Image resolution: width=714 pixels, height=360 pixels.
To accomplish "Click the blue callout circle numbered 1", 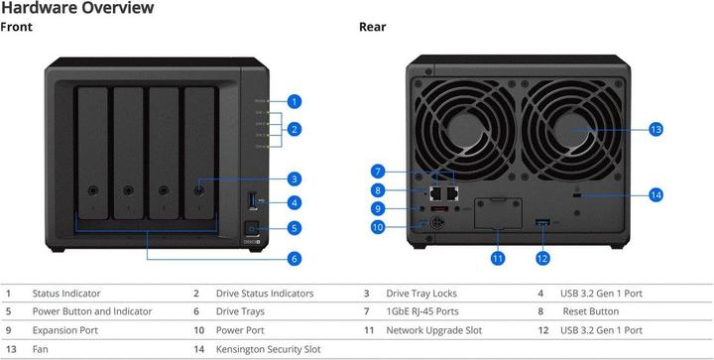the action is tap(295, 101).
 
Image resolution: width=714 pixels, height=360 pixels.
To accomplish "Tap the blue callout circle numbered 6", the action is tap(295, 259).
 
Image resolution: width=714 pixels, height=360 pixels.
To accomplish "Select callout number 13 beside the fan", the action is tap(655, 129).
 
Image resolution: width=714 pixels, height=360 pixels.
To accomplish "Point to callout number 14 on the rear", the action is tap(655, 195).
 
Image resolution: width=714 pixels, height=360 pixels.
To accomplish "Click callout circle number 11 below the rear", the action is tap(497, 259).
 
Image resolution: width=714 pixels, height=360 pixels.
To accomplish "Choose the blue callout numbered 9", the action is tap(378, 209).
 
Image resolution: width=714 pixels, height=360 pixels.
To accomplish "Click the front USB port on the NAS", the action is tap(253, 200).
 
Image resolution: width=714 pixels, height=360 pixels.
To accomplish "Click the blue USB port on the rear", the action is tap(542, 222).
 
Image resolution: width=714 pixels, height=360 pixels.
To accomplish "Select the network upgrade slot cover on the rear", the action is tap(498, 213).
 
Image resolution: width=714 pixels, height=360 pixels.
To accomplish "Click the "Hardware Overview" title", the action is tap(77, 7).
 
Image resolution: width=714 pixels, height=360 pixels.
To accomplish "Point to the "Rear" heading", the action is tap(373, 27).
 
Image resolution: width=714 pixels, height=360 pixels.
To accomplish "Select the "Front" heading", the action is tap(17, 27).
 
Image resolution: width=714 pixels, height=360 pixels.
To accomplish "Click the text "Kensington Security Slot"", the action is tap(268, 349).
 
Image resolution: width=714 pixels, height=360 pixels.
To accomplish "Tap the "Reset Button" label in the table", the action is tap(591, 311).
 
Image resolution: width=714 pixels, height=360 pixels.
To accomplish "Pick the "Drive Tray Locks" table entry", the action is tap(421, 294).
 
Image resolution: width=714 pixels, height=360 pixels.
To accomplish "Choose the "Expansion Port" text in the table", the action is tap(65, 330).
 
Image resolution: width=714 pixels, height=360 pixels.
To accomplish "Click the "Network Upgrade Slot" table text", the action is tap(434, 330).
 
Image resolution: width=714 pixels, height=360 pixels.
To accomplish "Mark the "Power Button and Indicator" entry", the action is tap(92, 311).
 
